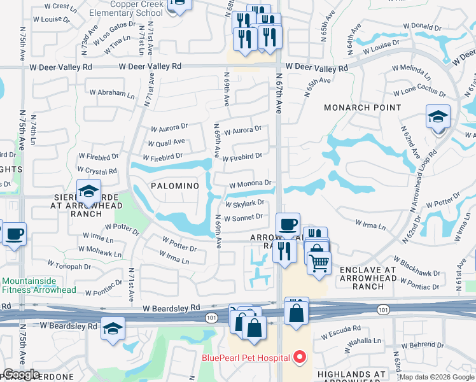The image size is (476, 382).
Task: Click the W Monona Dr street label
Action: [251, 183]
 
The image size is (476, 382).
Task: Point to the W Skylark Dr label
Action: [245, 203]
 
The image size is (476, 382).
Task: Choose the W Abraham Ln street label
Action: [111, 93]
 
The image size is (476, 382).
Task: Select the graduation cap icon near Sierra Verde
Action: [88, 190]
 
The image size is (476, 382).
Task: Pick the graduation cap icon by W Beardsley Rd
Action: [113, 328]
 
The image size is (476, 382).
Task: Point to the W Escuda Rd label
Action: [342, 334]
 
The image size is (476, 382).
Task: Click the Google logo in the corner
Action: [21, 375]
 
